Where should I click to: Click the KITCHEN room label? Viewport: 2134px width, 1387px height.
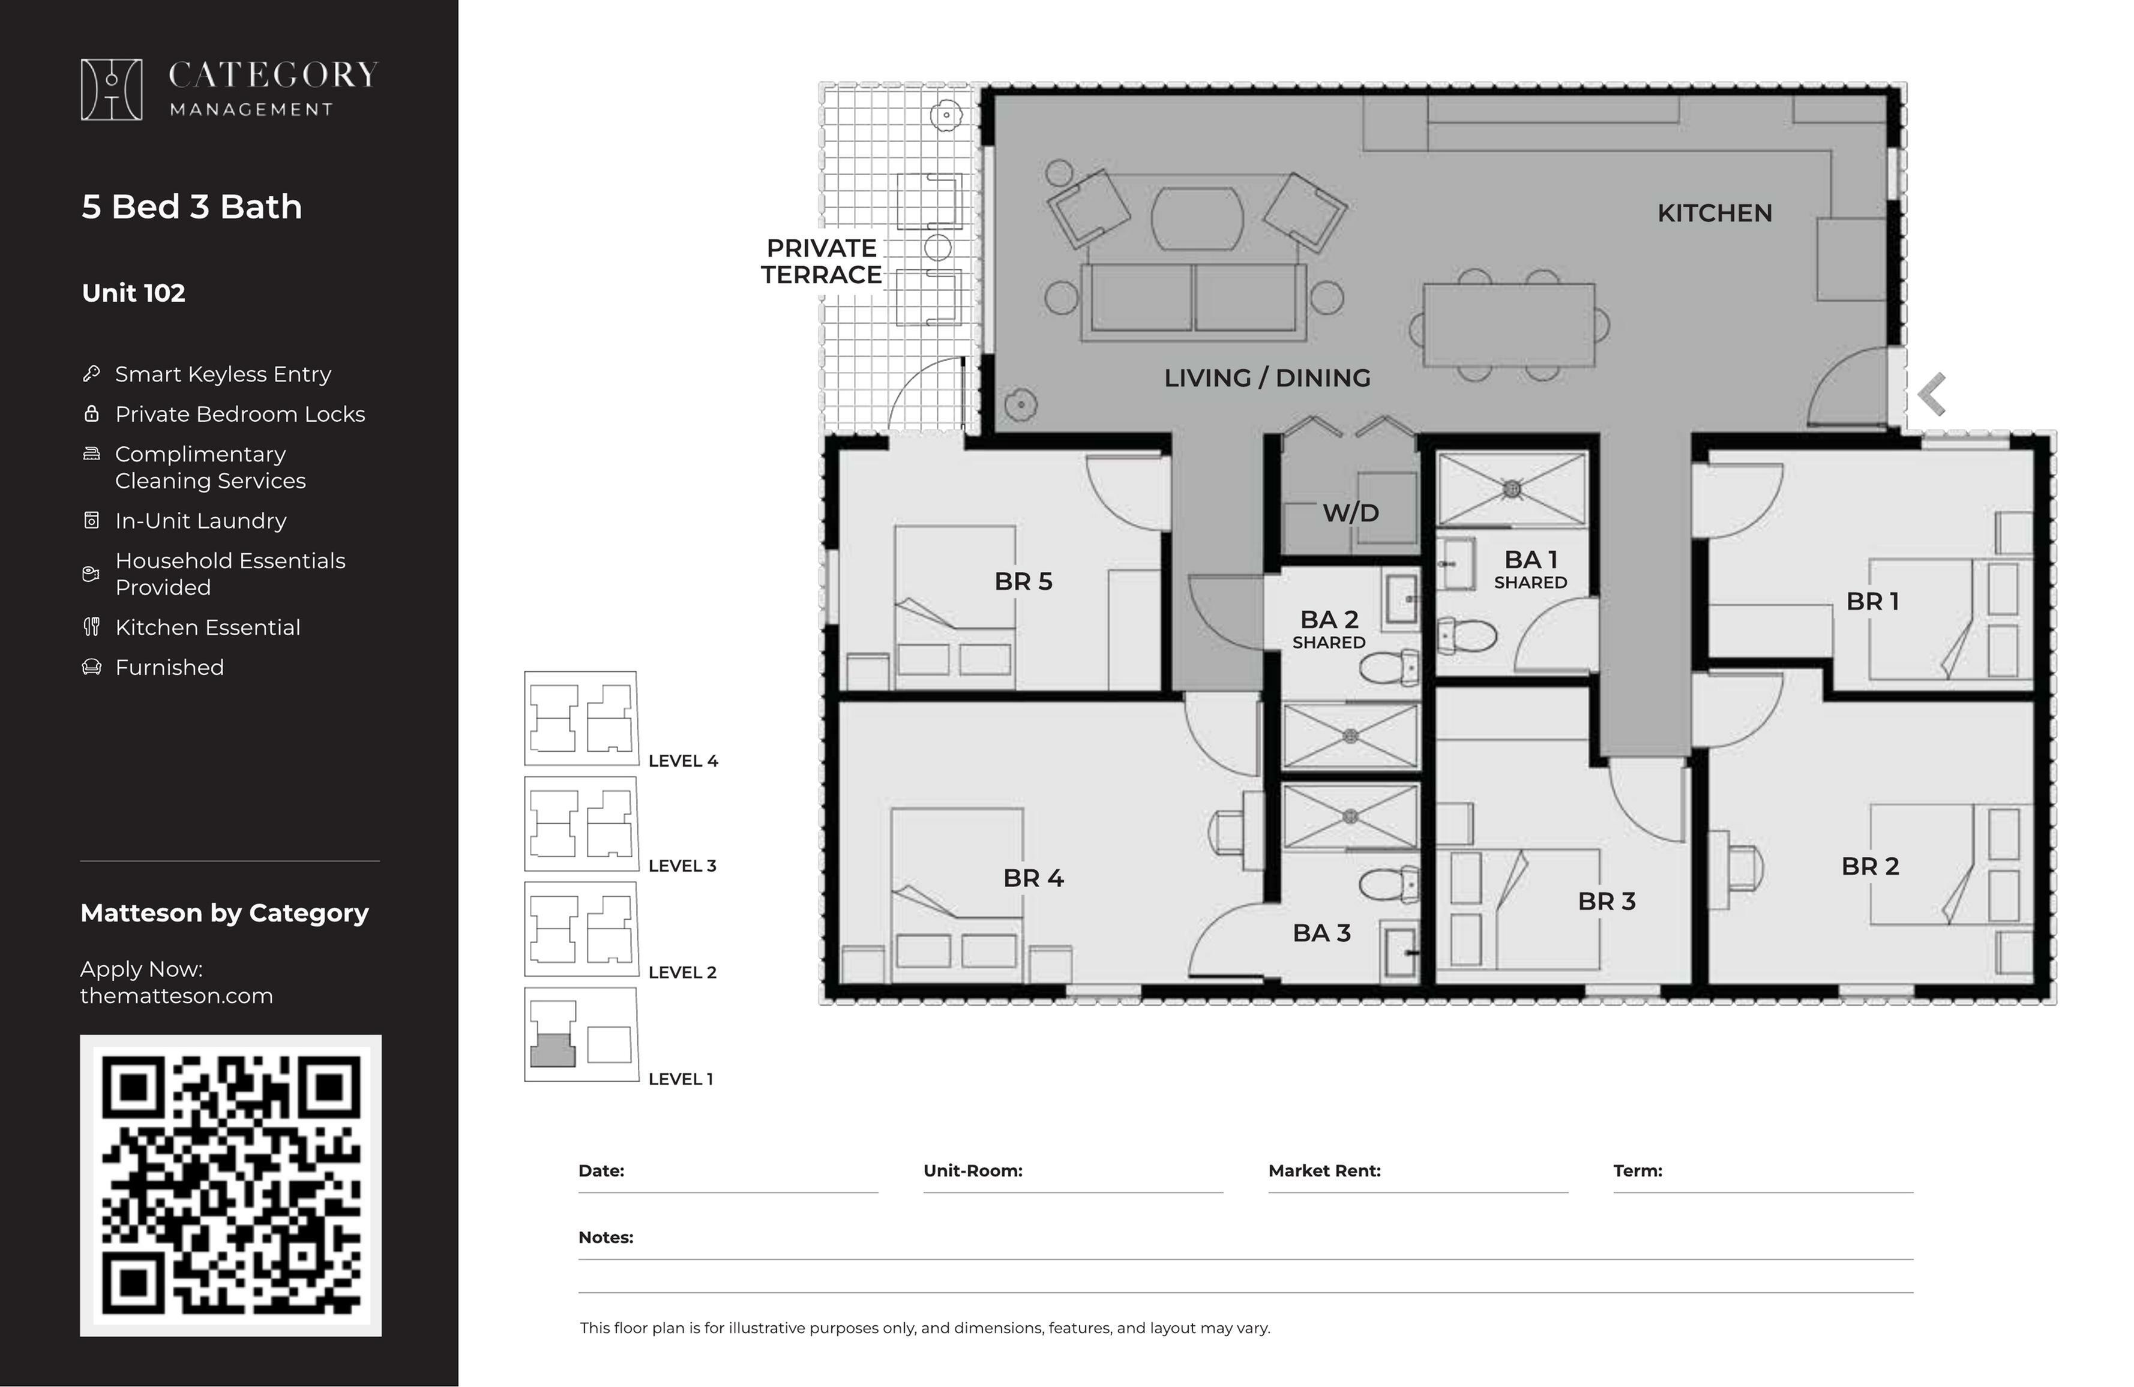[1715, 214]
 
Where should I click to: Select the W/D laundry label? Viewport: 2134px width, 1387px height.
[1350, 513]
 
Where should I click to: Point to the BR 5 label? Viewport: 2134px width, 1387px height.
[1023, 581]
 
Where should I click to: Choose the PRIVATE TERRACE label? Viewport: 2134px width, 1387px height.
[822, 261]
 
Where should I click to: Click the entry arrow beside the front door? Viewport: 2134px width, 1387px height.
[1931, 395]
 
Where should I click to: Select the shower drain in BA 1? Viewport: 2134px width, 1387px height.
[1512, 489]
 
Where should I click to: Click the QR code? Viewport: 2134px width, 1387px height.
[230, 1185]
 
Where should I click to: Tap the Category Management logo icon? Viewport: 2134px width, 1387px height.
[111, 89]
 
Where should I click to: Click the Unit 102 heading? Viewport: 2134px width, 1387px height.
[134, 293]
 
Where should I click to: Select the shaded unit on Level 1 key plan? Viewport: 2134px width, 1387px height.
[552, 1050]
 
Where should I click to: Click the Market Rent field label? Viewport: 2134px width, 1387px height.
[1324, 1171]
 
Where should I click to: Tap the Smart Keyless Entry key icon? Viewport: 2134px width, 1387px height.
[91, 374]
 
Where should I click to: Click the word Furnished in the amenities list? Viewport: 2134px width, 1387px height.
[169, 668]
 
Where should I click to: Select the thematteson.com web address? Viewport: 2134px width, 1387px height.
[176, 996]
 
